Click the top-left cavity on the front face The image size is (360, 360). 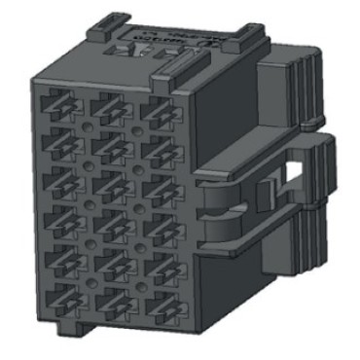[x=57, y=105]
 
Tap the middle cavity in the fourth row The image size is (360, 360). [x=108, y=225]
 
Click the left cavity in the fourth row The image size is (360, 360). [x=57, y=221]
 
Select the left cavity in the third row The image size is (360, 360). [x=57, y=182]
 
